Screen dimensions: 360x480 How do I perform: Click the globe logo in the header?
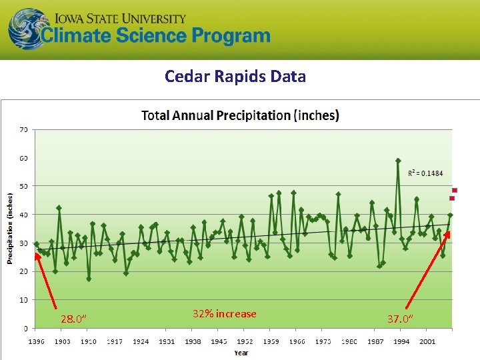(28, 29)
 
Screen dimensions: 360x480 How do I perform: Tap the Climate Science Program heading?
(157, 36)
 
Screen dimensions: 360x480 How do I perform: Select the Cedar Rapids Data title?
(235, 76)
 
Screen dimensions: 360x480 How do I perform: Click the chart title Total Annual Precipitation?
(240, 115)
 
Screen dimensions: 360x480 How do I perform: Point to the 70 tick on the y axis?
(23, 129)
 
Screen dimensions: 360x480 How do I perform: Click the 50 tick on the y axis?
(23, 186)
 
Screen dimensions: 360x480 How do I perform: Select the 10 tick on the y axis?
(23, 300)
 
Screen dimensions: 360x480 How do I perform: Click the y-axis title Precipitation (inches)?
(11, 229)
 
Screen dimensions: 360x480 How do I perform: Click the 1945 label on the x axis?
(219, 342)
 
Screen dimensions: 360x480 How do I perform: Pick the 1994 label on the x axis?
(401, 342)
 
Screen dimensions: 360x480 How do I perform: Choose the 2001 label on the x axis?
(427, 342)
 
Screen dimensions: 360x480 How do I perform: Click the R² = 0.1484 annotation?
(425, 173)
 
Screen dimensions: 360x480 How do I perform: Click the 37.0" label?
(400, 319)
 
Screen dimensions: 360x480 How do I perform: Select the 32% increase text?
(224, 314)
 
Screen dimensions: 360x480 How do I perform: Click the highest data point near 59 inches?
(398, 161)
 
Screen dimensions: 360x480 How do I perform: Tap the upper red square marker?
(455, 190)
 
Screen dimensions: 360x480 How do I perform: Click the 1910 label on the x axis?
(89, 342)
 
